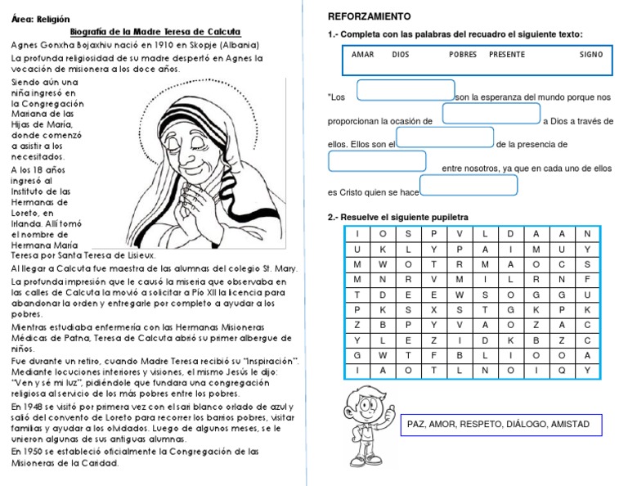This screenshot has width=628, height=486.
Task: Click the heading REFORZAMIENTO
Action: tap(369, 17)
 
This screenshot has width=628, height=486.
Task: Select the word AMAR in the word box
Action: tap(362, 55)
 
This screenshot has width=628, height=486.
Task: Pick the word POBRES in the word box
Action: tap(463, 55)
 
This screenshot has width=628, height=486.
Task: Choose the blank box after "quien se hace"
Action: tap(469, 186)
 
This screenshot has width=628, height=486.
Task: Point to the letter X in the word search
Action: tap(434, 310)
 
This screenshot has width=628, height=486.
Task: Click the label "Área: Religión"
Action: tap(41, 19)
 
